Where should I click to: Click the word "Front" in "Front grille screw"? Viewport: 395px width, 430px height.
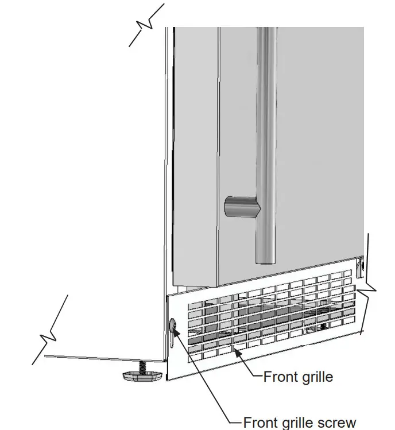(261, 423)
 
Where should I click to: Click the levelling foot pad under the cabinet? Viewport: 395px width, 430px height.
(141, 376)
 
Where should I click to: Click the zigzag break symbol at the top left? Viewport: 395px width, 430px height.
(144, 25)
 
